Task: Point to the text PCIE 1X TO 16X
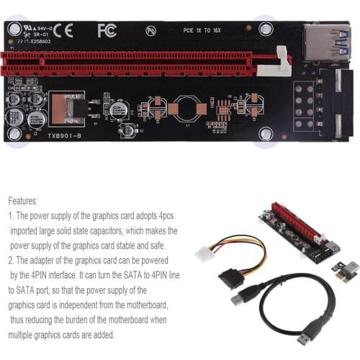click(x=202, y=32)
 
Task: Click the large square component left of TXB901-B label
click(x=64, y=108)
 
